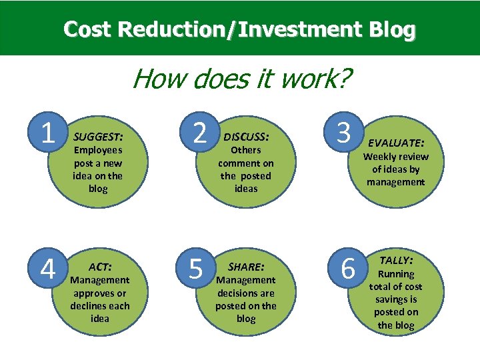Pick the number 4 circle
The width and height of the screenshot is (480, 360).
[x=47, y=269]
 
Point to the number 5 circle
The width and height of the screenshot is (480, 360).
[x=196, y=269]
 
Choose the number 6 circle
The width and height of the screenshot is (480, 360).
[x=348, y=269]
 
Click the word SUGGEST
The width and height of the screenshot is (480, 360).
[x=98, y=136]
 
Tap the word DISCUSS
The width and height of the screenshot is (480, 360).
[x=246, y=136]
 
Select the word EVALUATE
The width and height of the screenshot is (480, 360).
[x=396, y=143]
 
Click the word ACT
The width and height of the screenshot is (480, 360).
[x=100, y=266]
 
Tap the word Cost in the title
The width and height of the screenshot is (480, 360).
[x=88, y=29]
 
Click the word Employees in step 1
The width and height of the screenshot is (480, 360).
[x=97, y=150]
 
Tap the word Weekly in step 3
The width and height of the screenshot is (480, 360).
[x=377, y=157]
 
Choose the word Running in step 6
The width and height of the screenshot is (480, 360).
[x=396, y=274]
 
